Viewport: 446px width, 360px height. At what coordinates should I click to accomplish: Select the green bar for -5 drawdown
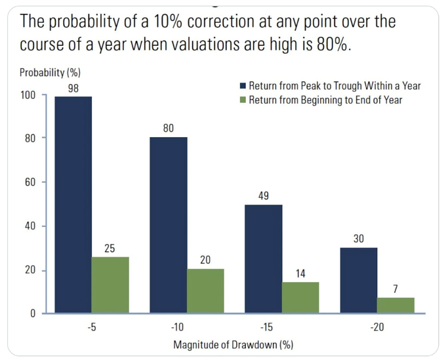tap(110, 285)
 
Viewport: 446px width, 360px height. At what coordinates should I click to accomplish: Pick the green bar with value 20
tap(206, 290)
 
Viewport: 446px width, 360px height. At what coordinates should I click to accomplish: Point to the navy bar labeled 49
tap(263, 259)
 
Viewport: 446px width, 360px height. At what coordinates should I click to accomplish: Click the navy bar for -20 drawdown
tap(358, 280)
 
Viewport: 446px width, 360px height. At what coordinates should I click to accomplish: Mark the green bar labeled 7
tap(395, 305)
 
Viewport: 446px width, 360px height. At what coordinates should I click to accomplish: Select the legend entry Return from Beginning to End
tap(325, 100)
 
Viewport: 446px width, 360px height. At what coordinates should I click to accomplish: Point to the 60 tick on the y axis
tap(30, 182)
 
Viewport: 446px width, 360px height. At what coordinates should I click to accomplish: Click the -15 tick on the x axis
tap(282, 327)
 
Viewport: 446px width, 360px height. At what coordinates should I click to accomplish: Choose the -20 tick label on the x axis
tap(376, 327)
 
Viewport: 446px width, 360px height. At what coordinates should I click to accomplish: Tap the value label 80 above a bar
tap(169, 128)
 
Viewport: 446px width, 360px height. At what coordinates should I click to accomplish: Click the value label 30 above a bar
tap(359, 239)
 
